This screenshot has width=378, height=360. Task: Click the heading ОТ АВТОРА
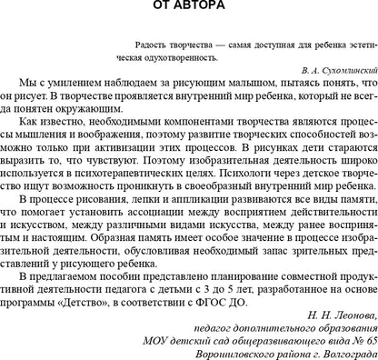pos(189,7)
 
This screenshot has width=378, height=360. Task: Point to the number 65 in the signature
pos(360,333)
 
